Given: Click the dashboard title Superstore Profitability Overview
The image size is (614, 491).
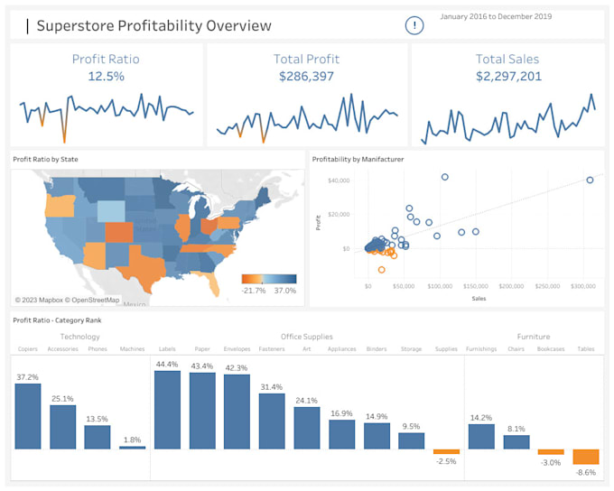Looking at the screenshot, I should (153, 25).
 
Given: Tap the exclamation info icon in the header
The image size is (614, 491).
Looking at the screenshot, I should (414, 25).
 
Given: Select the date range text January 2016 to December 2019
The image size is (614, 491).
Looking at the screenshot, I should (495, 16).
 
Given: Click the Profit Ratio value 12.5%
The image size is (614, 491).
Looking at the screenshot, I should (106, 77).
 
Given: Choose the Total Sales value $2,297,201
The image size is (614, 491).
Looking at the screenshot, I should (508, 77).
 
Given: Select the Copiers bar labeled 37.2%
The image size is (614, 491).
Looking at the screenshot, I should (28, 416).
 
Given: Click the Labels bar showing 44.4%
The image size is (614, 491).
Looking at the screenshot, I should (168, 410).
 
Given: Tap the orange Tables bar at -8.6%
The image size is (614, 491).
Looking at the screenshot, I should (586, 457).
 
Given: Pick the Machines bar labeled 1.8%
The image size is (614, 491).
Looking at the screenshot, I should (132, 447).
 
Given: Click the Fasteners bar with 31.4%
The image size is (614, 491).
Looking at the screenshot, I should (273, 421).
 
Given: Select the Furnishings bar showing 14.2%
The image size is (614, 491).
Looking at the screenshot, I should (481, 436).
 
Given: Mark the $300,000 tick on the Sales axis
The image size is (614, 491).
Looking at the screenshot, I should (583, 286).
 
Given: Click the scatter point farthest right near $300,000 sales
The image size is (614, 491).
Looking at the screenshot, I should (590, 180).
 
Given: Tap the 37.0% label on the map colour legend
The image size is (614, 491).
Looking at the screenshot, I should (284, 290).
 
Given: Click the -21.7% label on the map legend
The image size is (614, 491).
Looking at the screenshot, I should (254, 290).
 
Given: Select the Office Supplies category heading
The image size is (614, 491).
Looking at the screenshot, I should (306, 337).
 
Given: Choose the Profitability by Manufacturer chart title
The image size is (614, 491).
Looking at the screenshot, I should (358, 160).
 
